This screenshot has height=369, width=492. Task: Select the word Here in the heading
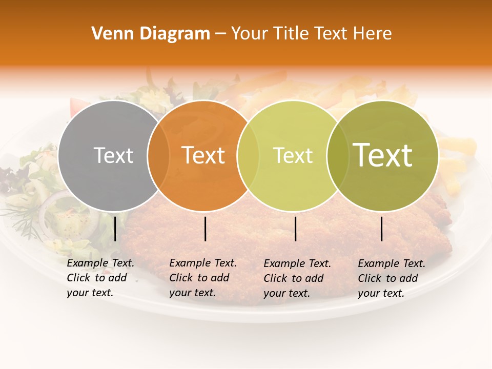click(374, 34)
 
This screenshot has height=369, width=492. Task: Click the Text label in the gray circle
click(113, 155)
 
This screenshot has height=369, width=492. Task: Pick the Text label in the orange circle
click(203, 155)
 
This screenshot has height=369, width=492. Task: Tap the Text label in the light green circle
click(293, 155)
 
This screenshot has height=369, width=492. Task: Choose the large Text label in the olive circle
click(383, 155)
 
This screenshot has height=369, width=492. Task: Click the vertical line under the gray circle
click(115, 229)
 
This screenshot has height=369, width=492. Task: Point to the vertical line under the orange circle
click(205, 229)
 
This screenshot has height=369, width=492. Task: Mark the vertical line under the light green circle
click(296, 229)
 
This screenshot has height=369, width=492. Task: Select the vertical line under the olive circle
click(382, 229)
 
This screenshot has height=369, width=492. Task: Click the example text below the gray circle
click(100, 278)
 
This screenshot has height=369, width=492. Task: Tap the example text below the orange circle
click(202, 278)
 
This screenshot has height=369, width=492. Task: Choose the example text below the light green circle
click(297, 278)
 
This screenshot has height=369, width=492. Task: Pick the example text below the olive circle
click(391, 278)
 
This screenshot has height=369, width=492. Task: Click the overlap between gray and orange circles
click(158, 155)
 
